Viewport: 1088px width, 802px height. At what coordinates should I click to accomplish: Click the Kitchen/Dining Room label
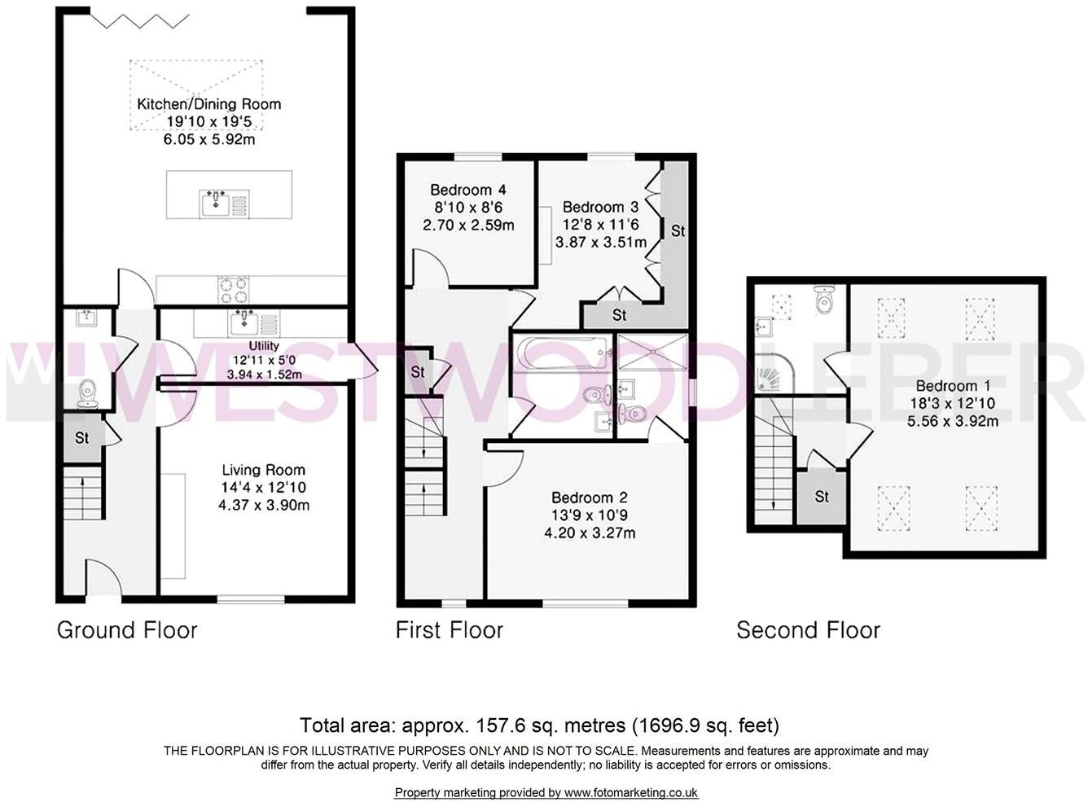[x=208, y=104]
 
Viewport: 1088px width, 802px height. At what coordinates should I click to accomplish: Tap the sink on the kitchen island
[x=216, y=203]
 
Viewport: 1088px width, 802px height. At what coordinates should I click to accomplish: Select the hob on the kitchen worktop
[x=233, y=289]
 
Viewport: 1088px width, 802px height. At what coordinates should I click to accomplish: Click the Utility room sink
[x=244, y=323]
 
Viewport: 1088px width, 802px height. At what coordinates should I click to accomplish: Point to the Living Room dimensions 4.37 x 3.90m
[x=264, y=505]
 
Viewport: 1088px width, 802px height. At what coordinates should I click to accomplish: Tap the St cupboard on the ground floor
[x=81, y=438]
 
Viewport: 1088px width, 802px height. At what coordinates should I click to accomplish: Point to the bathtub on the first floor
[x=562, y=353]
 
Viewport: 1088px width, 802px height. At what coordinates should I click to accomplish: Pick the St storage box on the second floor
[x=822, y=496]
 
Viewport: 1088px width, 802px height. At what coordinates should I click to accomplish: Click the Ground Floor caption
[x=127, y=629]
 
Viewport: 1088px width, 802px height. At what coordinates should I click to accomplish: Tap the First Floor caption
[x=450, y=629]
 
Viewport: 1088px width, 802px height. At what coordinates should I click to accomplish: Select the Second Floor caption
[x=808, y=629]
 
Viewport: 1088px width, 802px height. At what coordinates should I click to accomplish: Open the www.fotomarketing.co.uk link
[x=631, y=792]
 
